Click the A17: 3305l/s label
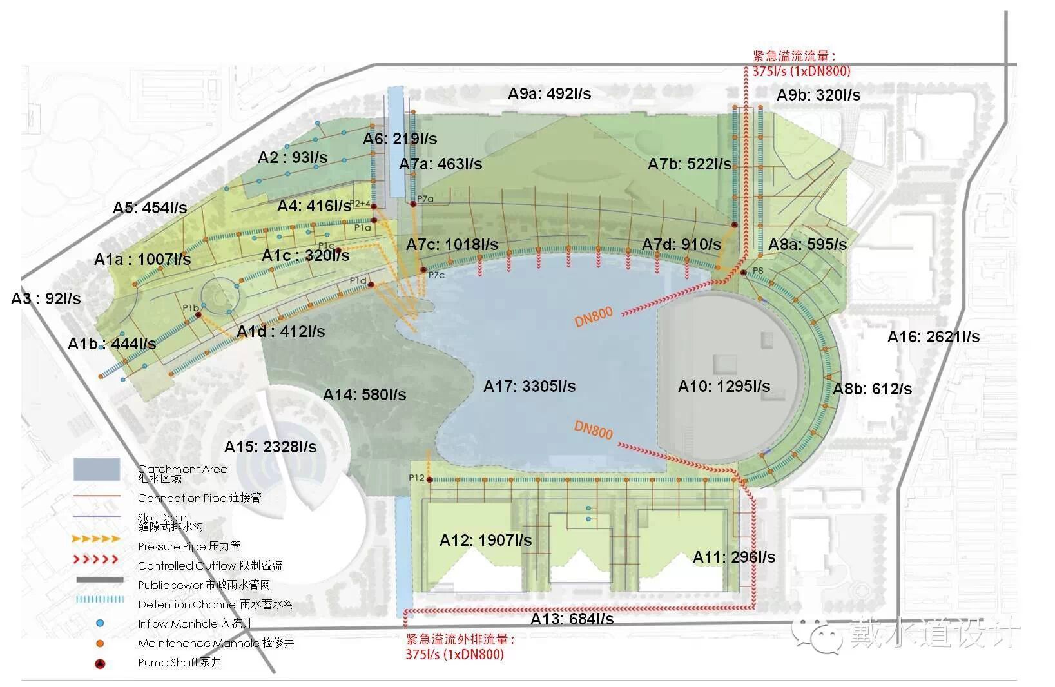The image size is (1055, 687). [x=529, y=387]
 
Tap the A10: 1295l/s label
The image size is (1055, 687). [x=724, y=387]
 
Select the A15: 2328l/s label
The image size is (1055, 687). [x=270, y=447]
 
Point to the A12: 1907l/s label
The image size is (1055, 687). [x=485, y=541]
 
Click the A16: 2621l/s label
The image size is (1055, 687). [x=933, y=337]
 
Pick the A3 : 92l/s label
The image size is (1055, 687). [x=46, y=299]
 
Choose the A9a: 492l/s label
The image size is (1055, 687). [x=549, y=94]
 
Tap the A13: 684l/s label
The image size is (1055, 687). [x=572, y=619]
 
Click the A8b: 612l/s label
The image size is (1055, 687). [x=872, y=389]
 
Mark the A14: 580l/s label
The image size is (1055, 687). [x=364, y=395]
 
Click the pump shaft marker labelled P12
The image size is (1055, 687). [x=429, y=479]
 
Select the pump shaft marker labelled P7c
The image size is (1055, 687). [x=423, y=270]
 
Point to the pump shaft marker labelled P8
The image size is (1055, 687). [x=743, y=273]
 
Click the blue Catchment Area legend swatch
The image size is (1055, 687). [x=97, y=470]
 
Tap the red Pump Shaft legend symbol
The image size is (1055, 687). [x=100, y=663]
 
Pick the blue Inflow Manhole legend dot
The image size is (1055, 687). [x=100, y=624]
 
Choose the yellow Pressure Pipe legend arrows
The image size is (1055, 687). [x=96, y=539]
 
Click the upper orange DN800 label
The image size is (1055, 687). [x=593, y=317]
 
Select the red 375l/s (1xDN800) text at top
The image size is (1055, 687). [x=801, y=71]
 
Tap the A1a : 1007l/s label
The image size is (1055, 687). [x=142, y=260]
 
